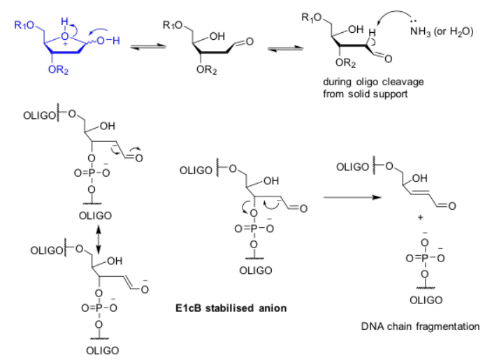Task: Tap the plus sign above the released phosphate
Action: coord(421,217)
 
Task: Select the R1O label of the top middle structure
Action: coord(171,26)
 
